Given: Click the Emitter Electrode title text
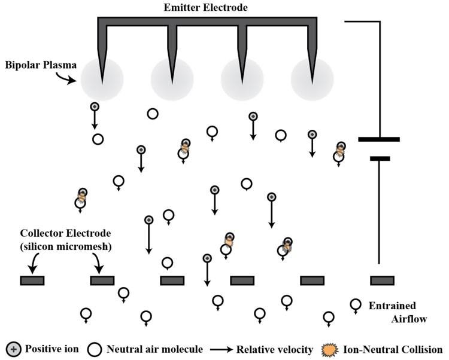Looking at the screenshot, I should [x=207, y=7].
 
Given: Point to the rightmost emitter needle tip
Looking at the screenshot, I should [x=313, y=82].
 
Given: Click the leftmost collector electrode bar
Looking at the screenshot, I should [x=32, y=280].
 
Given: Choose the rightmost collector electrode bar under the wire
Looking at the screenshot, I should [x=382, y=280].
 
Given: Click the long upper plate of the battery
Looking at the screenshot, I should [x=378, y=139].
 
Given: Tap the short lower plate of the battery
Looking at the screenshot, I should [x=380, y=158].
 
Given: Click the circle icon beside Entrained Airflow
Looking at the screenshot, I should [x=356, y=304].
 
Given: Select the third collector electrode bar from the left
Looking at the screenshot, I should [x=172, y=280].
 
